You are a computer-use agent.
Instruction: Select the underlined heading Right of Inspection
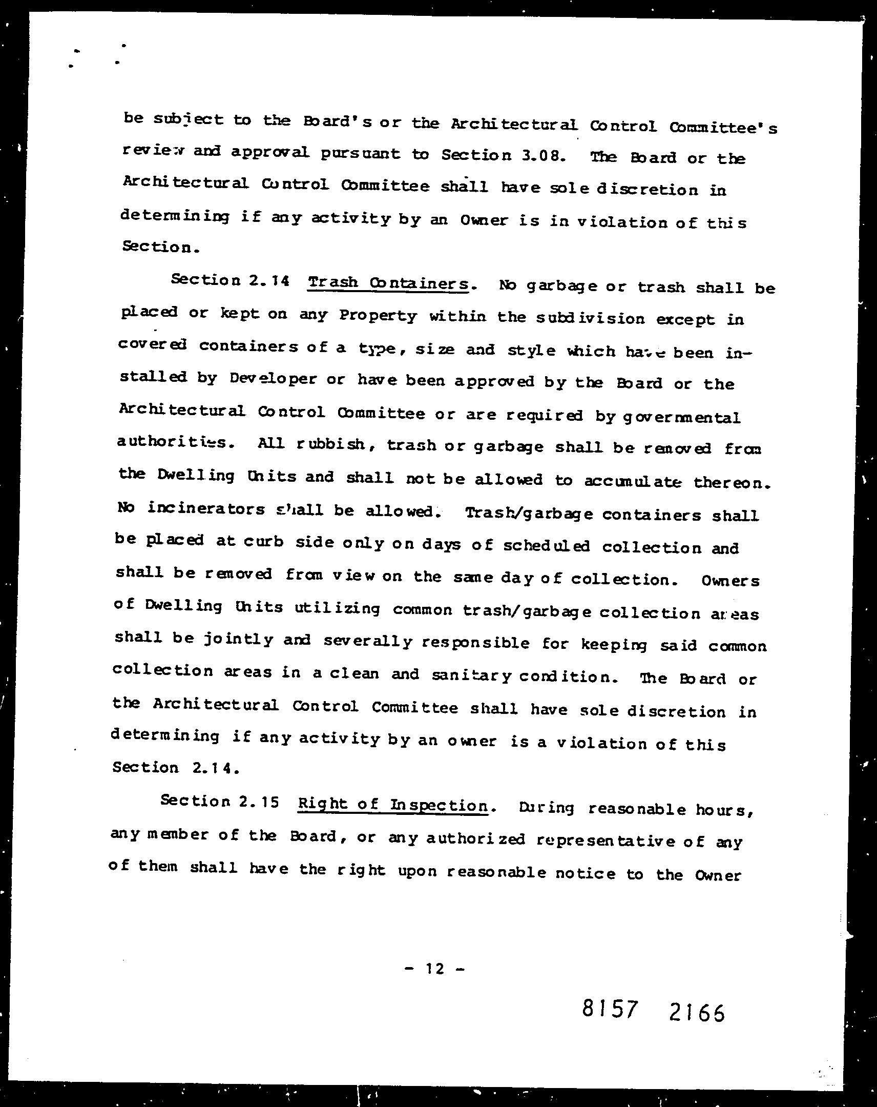coord(392,805)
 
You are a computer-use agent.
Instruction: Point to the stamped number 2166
coord(697,1013)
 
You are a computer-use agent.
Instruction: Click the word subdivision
coord(590,318)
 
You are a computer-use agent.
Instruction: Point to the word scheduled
coord(546,546)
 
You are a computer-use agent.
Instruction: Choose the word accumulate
coord(633,481)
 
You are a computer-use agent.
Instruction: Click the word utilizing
coord(337,608)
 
